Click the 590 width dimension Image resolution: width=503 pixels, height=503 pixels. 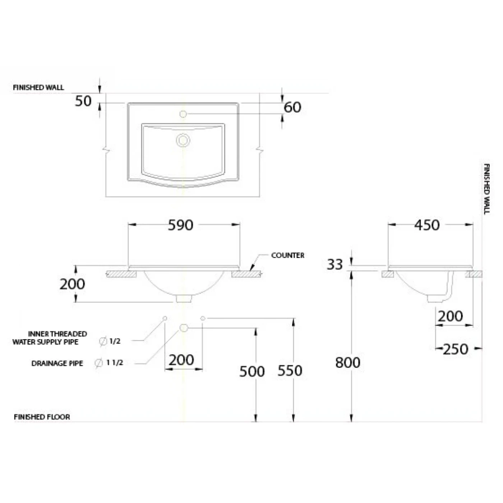[180, 225]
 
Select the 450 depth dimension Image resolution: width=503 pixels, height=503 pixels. [426, 225]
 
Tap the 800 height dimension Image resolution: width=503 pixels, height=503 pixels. [347, 363]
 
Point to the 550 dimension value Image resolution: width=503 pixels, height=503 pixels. [290, 371]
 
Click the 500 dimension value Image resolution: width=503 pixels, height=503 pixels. [252, 372]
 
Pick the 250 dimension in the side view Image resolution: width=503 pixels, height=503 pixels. [455, 349]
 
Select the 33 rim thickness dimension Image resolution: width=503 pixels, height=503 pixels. [334, 264]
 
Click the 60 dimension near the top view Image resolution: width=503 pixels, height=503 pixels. [292, 107]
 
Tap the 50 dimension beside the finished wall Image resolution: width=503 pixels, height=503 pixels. [83, 101]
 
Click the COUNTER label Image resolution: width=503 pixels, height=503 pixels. [287, 255]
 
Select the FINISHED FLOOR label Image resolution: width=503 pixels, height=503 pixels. [42, 417]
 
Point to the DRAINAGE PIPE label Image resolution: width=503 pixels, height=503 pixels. [57, 364]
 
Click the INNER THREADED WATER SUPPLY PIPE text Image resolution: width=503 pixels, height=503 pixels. [50, 338]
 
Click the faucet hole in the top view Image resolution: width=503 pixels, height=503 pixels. [183, 114]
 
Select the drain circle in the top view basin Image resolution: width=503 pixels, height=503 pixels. [183, 140]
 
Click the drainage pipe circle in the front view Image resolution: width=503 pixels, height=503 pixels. [184, 328]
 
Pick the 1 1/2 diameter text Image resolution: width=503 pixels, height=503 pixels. [115, 363]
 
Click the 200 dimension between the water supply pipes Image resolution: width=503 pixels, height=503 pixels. [181, 360]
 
